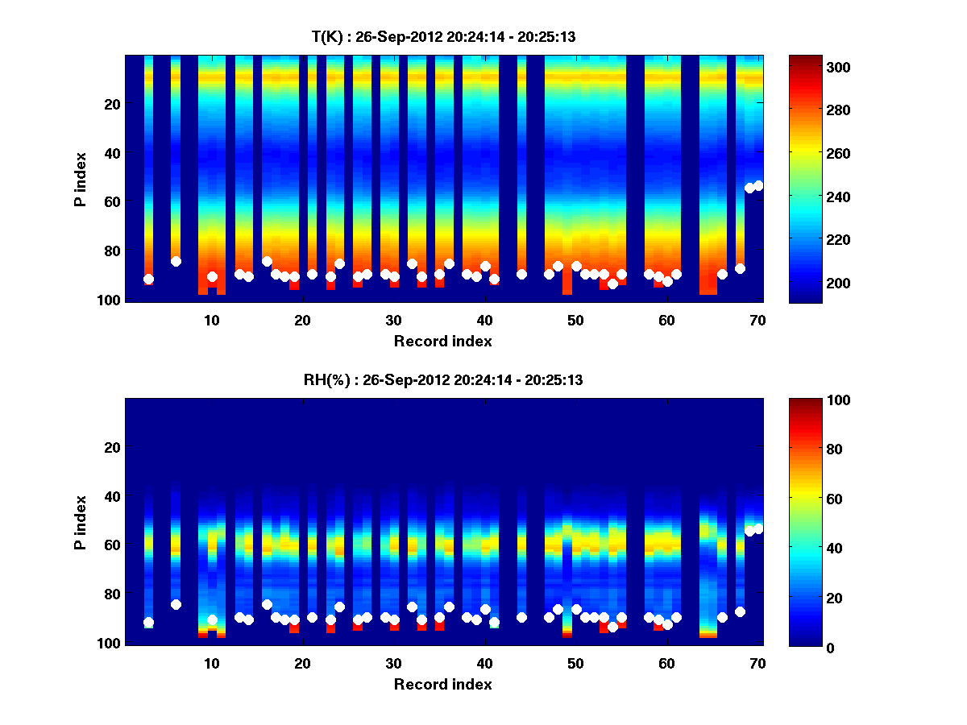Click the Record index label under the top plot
pyautogui.click(x=442, y=341)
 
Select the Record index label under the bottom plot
pyautogui.click(x=442, y=684)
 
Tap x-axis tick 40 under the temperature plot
pyautogui.click(x=484, y=320)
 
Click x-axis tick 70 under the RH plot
pyautogui.click(x=757, y=663)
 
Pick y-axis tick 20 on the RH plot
pyautogui.click(x=112, y=447)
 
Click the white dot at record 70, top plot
pyautogui.click(x=758, y=185)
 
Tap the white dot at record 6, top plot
pyautogui.click(x=176, y=261)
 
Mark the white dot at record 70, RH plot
pyautogui.click(x=758, y=528)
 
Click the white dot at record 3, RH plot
pyautogui.click(x=148, y=623)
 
